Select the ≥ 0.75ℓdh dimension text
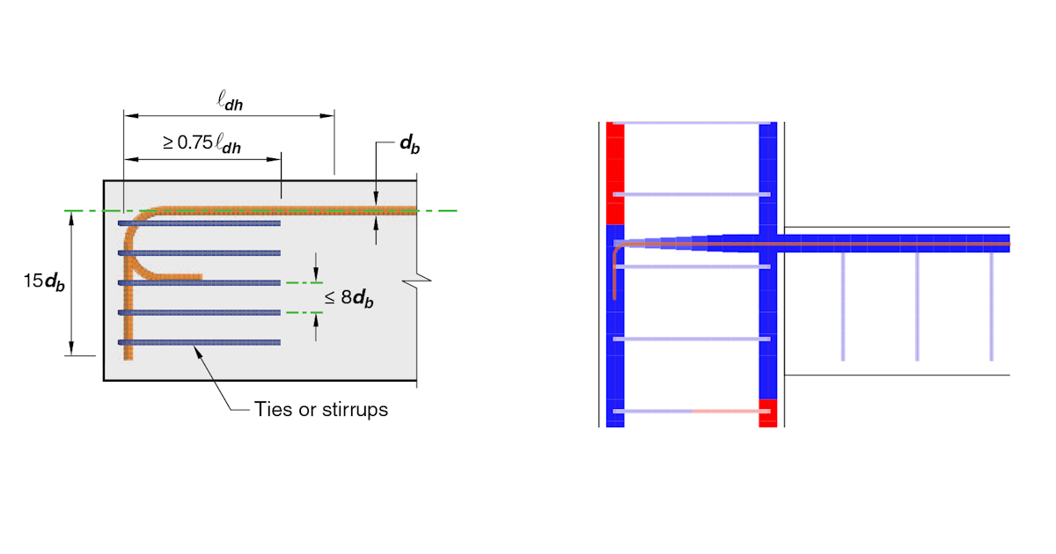202,143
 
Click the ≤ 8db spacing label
348,297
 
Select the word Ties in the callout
271,409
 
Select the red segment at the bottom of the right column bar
767,412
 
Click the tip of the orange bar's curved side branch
201,278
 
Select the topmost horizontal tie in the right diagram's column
691,122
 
